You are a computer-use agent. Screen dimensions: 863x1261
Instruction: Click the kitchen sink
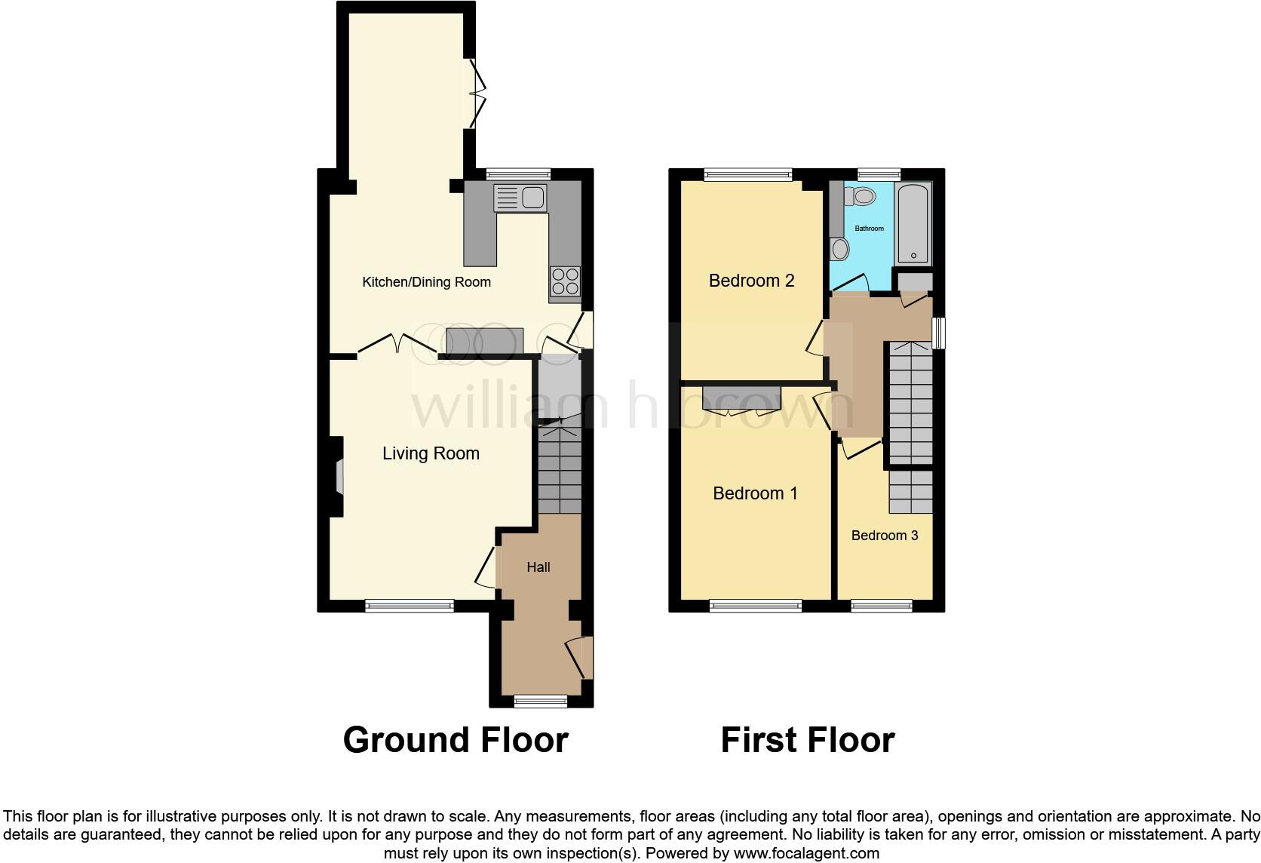tap(520, 198)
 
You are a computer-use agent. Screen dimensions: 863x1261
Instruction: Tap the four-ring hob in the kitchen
tap(565, 281)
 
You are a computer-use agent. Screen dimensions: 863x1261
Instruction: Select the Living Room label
tap(431, 453)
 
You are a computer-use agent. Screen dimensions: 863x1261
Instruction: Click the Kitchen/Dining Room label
tap(426, 282)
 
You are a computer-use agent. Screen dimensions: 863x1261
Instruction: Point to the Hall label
tap(538, 567)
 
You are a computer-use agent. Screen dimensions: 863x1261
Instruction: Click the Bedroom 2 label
tap(751, 281)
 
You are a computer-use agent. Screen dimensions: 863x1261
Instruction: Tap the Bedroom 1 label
tap(755, 493)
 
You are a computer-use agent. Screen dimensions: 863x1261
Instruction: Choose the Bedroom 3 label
tap(884, 536)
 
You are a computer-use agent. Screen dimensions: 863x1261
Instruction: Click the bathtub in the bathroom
tap(913, 223)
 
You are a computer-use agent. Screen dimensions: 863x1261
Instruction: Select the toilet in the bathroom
tap(861, 198)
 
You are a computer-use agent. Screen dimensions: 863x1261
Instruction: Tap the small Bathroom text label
tap(869, 229)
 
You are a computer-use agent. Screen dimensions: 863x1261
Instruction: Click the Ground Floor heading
tap(455, 740)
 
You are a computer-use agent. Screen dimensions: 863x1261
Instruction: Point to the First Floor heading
tap(807, 740)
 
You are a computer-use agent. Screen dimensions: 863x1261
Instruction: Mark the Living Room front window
tap(410, 605)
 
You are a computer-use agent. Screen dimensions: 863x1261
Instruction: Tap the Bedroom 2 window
tap(748, 174)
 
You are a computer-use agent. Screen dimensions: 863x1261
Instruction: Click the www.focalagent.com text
tap(806, 854)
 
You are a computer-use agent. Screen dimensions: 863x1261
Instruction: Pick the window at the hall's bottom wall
tap(540, 701)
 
